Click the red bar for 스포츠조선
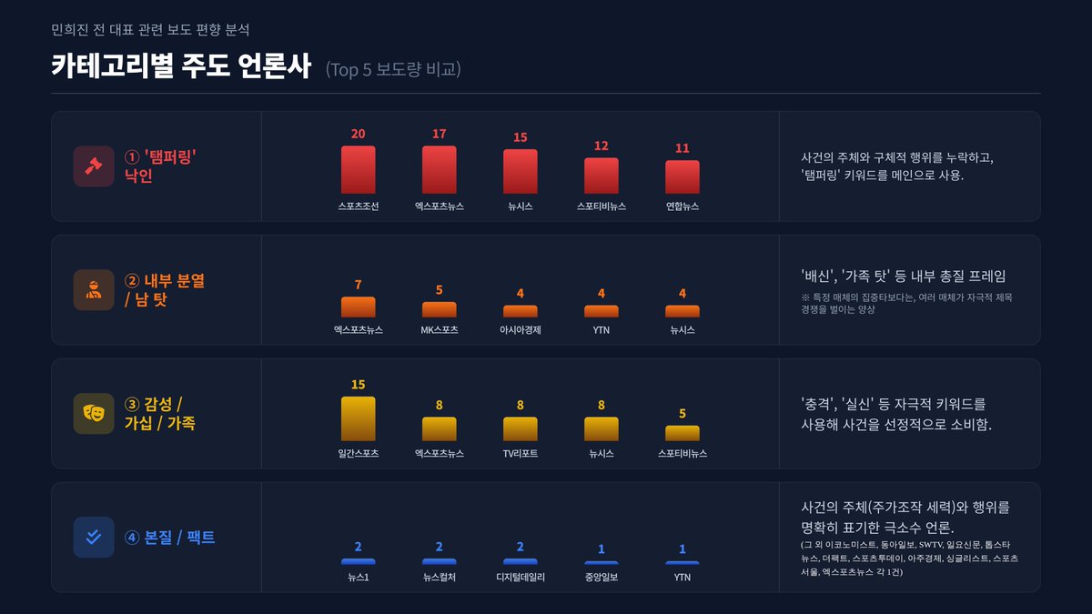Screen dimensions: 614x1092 coord(358,169)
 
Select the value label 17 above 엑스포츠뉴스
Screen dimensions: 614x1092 coord(439,134)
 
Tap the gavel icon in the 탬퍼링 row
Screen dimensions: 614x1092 coord(94,166)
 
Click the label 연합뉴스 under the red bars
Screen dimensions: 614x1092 coord(682,206)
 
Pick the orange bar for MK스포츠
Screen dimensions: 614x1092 coord(439,309)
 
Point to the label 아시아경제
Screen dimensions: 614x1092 coord(520,330)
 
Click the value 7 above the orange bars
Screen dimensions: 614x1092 coord(358,285)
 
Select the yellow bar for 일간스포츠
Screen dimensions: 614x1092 coord(358,418)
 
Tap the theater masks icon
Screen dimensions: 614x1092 coord(94,413)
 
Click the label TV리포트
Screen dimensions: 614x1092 coord(520,453)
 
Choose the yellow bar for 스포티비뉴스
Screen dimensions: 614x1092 coord(682,433)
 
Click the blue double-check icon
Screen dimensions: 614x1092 coord(94,537)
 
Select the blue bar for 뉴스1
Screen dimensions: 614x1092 coord(358,561)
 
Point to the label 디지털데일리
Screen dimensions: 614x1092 coord(520,577)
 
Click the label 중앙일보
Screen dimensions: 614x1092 coord(601,577)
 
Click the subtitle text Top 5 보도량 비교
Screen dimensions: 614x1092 coord(393,69)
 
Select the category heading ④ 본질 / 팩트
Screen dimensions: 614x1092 coord(169,537)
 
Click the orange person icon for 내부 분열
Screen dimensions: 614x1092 coord(94,290)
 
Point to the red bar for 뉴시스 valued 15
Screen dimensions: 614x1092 coord(520,171)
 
